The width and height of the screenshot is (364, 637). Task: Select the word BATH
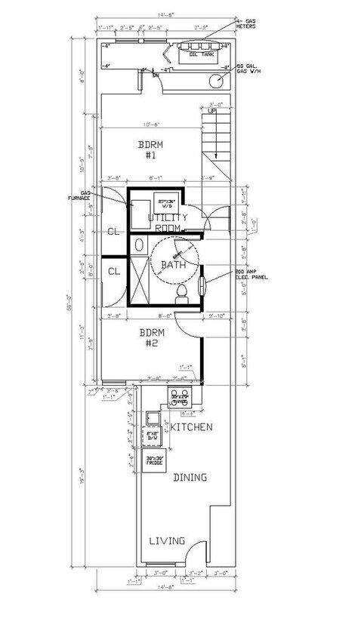click(174, 266)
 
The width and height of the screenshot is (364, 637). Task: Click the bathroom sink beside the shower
click(139, 245)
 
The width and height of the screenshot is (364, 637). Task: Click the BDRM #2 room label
click(147, 337)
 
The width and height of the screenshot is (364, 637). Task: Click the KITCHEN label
click(191, 427)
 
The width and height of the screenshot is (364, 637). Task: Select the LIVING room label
click(166, 540)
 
